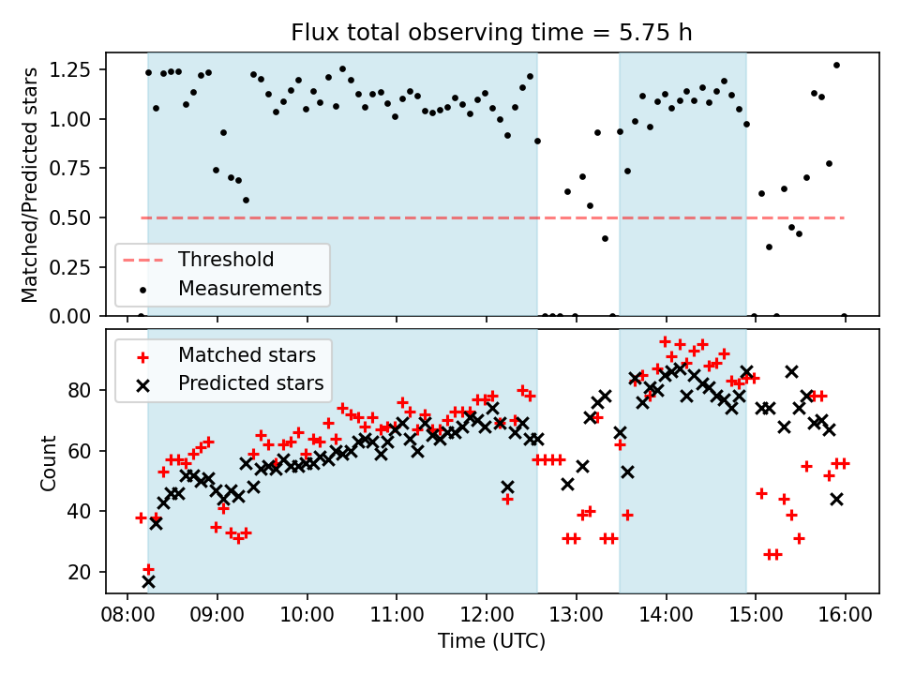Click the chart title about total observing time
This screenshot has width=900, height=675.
click(491, 34)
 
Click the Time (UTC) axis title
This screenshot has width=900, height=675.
click(491, 642)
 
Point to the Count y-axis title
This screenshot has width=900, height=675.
click(48, 462)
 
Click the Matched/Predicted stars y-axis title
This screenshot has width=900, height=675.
click(30, 184)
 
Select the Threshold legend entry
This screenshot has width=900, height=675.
click(226, 260)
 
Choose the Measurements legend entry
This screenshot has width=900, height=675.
click(249, 288)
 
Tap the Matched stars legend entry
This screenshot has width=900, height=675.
click(245, 355)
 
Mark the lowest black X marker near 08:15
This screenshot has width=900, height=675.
click(148, 581)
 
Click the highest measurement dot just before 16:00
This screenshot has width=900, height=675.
click(836, 66)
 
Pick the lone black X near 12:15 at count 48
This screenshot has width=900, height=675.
click(507, 487)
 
